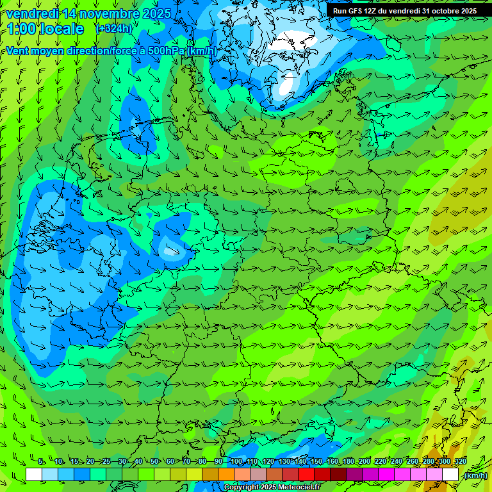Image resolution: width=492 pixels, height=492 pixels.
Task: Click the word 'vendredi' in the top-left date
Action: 30,13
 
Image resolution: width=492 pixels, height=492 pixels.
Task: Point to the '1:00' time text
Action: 21,29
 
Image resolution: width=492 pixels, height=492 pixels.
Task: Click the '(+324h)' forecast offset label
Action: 113,29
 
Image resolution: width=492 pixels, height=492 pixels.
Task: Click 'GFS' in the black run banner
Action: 356,11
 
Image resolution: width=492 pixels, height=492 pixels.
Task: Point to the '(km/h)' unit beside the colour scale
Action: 475,475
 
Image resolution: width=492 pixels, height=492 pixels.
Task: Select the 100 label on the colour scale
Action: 236,461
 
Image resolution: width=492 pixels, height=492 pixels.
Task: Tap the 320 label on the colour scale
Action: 459,461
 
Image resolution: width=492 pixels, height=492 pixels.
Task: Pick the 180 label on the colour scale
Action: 348,461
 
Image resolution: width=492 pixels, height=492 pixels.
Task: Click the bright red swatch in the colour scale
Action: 306,475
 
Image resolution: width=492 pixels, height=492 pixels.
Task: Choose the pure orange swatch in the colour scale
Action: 226,475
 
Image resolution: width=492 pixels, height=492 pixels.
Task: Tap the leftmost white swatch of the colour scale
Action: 34,475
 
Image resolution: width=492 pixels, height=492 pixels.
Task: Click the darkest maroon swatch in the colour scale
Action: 338,475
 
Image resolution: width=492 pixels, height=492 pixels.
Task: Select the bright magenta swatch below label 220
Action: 386,475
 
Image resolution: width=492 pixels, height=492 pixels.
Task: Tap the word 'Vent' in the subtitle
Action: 18,51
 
